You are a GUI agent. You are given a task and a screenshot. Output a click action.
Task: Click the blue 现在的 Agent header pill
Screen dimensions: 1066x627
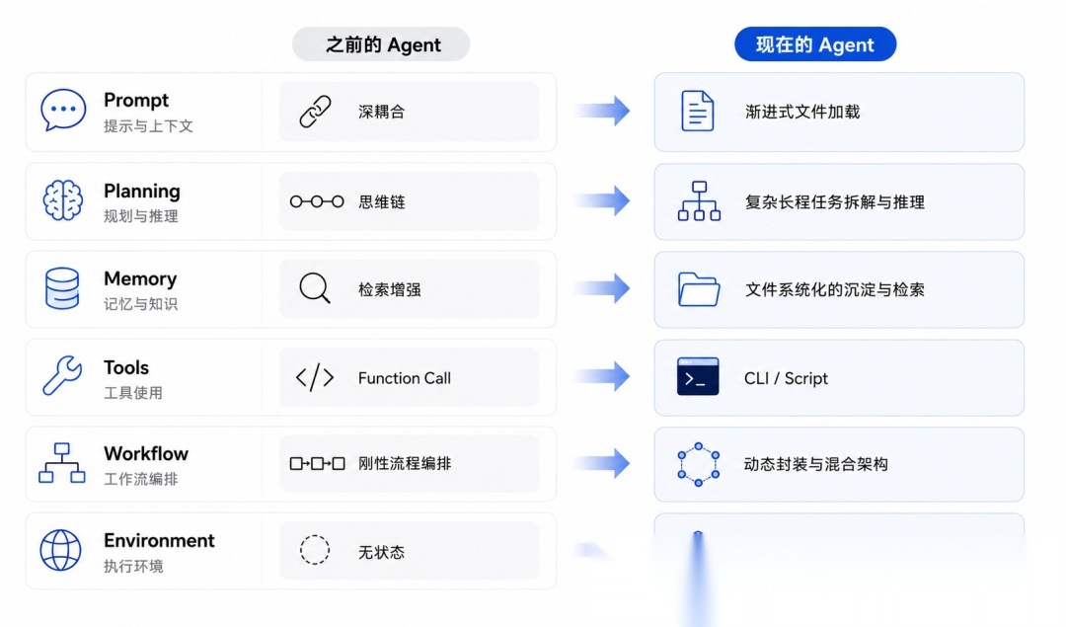pyautogui.click(x=815, y=44)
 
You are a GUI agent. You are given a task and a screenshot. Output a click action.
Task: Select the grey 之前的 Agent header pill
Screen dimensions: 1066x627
pyautogui.click(x=381, y=44)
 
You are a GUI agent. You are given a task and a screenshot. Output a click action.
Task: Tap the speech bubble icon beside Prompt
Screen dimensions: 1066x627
pyautogui.click(x=63, y=110)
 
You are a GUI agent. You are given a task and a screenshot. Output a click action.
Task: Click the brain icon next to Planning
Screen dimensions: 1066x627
pyautogui.click(x=62, y=199)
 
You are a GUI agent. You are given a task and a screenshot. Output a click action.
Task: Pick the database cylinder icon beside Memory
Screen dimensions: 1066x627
pyautogui.click(x=62, y=288)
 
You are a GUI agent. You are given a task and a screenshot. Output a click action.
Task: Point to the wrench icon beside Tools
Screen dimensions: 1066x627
pyautogui.click(x=62, y=375)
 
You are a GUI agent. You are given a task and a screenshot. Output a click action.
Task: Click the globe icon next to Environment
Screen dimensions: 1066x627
pyautogui.click(x=60, y=550)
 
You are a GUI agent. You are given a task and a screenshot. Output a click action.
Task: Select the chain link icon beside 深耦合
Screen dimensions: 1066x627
pyautogui.click(x=316, y=112)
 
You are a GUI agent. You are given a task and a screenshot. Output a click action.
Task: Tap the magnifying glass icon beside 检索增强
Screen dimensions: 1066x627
pyautogui.click(x=315, y=288)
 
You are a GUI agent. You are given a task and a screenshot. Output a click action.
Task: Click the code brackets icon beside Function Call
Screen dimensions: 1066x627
pyautogui.click(x=315, y=377)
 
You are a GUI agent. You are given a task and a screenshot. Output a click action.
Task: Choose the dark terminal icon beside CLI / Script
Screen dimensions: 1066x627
pyautogui.click(x=698, y=376)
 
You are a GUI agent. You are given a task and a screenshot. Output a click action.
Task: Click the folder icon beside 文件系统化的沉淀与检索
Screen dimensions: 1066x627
pyautogui.click(x=698, y=289)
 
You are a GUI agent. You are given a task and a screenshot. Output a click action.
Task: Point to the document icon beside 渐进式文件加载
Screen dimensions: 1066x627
pyautogui.click(x=698, y=111)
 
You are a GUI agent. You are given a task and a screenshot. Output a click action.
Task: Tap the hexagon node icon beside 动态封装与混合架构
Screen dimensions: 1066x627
pyautogui.click(x=698, y=464)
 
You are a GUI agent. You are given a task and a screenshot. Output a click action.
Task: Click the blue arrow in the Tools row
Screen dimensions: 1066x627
pyautogui.click(x=602, y=376)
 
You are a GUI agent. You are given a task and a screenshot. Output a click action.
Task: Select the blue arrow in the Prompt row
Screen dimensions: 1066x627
pyautogui.click(x=602, y=111)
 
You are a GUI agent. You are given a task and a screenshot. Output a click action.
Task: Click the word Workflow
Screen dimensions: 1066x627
pyautogui.click(x=146, y=453)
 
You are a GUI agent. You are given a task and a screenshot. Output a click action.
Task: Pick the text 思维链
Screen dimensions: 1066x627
pyautogui.click(x=381, y=202)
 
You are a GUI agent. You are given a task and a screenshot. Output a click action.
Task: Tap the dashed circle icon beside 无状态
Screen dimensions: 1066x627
pyautogui.click(x=315, y=550)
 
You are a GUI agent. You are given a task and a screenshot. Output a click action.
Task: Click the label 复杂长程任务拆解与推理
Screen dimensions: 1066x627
pyautogui.click(x=835, y=202)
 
